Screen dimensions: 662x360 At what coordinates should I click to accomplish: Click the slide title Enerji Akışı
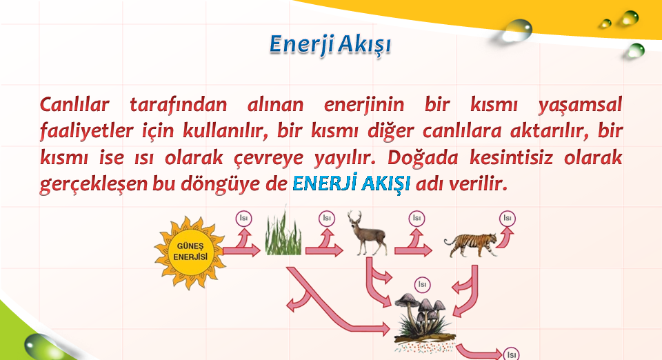pos(330,45)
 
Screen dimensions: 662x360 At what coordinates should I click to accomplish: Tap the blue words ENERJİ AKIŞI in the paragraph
pos(351,183)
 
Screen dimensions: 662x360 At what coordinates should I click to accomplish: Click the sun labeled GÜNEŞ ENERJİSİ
pos(190,252)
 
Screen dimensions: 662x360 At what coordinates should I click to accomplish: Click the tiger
pos(471,245)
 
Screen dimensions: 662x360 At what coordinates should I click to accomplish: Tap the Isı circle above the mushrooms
pos(422,285)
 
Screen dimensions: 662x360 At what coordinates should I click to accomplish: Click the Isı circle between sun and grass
pos(243,219)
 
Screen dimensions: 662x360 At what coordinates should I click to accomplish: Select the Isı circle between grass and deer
pos(327,219)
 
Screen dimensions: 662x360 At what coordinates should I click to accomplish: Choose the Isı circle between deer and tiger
pos(417,219)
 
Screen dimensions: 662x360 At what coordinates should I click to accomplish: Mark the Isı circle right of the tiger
pos(507,219)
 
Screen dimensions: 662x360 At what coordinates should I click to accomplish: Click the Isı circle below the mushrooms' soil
pos(511,354)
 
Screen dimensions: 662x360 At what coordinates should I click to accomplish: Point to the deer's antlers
pos(354,217)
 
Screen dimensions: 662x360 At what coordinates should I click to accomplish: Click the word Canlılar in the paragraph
pos(74,104)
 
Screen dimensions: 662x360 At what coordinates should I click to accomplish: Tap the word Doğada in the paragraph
pos(423,158)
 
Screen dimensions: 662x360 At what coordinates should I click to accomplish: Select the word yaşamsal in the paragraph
pos(580,105)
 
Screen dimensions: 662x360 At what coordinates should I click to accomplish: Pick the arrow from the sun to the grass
pos(241,251)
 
